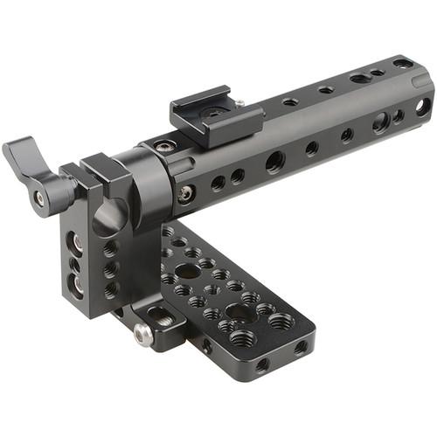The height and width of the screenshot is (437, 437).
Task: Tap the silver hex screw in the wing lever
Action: point(39,198)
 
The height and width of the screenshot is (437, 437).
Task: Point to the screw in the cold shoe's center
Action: point(212,112)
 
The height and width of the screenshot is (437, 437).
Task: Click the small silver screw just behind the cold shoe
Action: point(239,103)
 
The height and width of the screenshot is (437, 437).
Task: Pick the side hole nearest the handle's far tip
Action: point(422,107)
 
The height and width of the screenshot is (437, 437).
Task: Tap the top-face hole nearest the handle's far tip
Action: point(402,64)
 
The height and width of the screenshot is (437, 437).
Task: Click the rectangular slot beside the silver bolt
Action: point(163,315)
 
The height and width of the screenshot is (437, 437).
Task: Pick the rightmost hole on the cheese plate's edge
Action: point(299,348)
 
